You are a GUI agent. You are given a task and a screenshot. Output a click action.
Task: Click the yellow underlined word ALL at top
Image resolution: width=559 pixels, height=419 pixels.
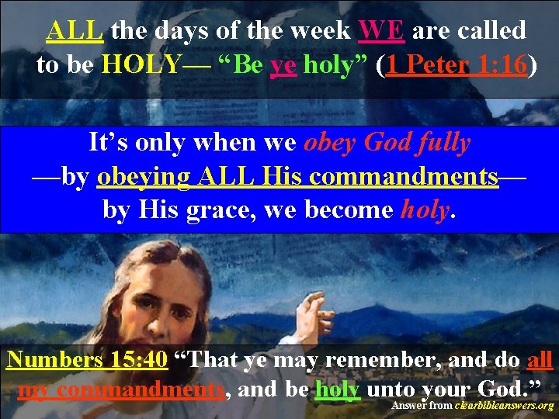tap(75, 30)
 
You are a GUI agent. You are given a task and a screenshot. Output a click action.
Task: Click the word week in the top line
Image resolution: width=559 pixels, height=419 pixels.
tap(320, 30)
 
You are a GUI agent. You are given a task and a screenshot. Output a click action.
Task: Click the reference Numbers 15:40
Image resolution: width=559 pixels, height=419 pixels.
tap(86, 359)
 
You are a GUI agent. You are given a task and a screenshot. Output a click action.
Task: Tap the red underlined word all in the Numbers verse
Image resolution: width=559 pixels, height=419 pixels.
tap(539, 359)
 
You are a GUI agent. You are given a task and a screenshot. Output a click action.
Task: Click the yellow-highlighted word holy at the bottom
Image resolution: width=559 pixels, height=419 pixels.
tap(337, 388)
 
